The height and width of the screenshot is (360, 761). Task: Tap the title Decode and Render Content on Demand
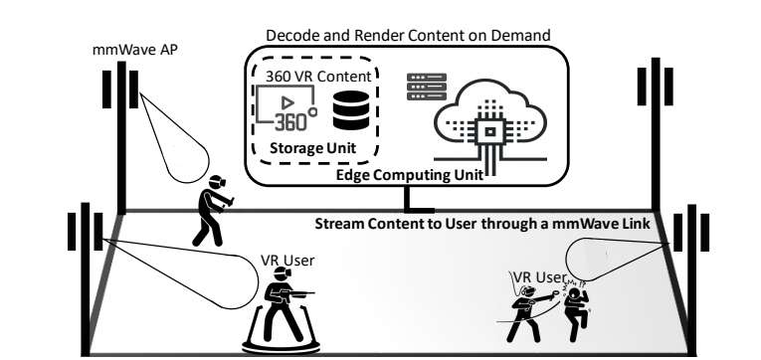click(x=408, y=36)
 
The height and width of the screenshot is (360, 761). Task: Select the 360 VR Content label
click(x=318, y=77)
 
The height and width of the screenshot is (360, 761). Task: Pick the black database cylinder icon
click(x=351, y=110)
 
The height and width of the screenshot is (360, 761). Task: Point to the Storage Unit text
click(x=312, y=147)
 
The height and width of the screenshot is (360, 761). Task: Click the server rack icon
click(x=426, y=87)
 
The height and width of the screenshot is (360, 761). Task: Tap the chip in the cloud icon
click(x=490, y=131)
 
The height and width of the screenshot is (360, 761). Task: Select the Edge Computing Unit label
click(x=410, y=175)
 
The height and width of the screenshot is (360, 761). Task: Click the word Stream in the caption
click(x=339, y=224)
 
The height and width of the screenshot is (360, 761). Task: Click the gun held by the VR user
click(x=296, y=293)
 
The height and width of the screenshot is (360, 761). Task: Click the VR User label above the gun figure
click(x=287, y=261)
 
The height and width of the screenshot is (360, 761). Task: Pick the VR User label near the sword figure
click(x=540, y=277)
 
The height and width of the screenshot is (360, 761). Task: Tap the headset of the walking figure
click(x=218, y=181)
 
